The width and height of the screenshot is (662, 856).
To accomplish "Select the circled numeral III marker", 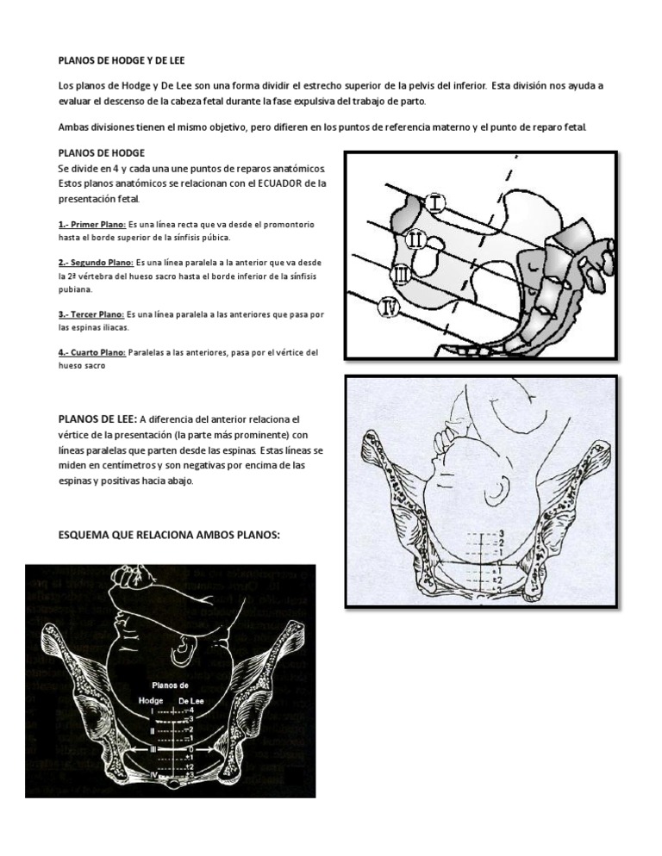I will [x=401, y=275].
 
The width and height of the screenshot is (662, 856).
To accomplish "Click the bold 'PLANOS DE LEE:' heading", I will [x=96, y=419].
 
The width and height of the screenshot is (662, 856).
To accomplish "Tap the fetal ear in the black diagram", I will [x=184, y=643].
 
